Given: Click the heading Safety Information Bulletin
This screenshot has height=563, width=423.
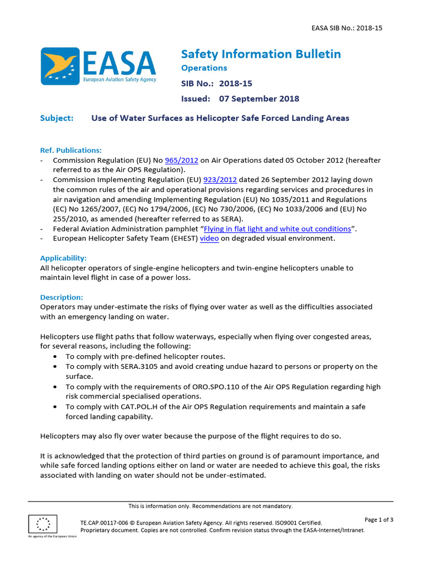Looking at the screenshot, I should click(261, 54).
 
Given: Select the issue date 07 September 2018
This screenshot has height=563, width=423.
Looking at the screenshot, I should click(259, 99).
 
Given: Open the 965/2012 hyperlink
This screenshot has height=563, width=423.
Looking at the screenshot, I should click(181, 160).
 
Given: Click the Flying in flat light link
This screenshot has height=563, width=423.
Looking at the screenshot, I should click(278, 229).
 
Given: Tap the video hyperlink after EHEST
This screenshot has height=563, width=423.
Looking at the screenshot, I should click(209, 239).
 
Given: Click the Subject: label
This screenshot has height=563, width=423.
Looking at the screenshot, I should click(57, 118).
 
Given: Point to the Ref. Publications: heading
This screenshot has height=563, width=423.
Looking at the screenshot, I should click(71, 150).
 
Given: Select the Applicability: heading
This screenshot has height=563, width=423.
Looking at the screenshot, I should click(63, 258).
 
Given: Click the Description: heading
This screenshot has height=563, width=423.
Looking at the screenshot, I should click(62, 297).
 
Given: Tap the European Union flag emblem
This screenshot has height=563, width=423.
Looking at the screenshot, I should click(42, 525).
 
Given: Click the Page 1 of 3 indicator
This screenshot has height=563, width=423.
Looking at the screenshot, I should click(379, 520).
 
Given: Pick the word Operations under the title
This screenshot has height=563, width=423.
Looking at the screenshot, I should click(204, 68).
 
